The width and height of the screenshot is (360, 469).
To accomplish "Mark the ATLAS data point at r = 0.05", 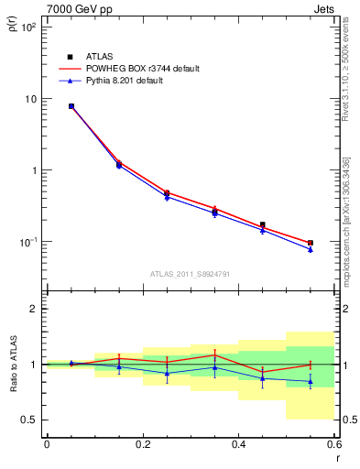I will (71, 106).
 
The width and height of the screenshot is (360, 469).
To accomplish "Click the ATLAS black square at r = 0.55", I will (311, 243).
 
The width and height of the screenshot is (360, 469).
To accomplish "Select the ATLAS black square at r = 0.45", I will (263, 224).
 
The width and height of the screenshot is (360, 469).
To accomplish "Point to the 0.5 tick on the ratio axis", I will (29, 420).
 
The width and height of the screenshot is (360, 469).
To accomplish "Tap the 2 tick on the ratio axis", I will (33, 309).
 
